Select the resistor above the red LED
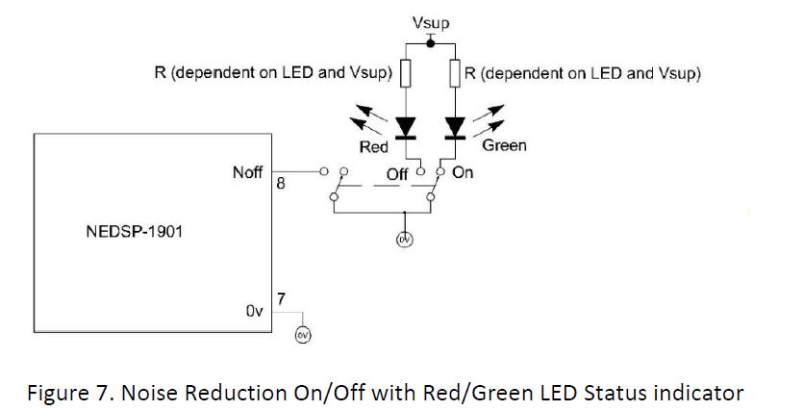(407, 73)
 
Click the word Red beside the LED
(373, 147)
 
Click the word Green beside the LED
(504, 146)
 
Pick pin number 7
(280, 297)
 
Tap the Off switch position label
(397, 174)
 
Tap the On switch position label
(463, 173)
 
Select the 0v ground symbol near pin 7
(303, 333)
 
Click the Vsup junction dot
(430, 44)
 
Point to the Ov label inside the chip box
(254, 312)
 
